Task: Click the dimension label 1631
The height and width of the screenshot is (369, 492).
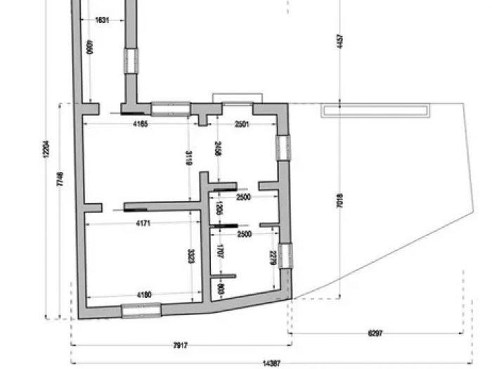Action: pos(102,20)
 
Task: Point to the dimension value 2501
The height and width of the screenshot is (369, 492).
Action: pos(241,124)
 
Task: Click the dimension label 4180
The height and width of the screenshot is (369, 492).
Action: pos(143,294)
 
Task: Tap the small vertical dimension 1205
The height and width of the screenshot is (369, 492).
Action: pos(219,207)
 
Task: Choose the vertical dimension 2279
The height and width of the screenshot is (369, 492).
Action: pos(273,258)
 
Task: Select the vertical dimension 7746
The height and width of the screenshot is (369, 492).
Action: pos(61,179)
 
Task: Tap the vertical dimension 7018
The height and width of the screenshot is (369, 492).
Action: pos(339,202)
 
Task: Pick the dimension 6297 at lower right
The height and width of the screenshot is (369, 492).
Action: pos(375,333)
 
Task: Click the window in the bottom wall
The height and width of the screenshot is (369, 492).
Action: pos(141,310)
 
